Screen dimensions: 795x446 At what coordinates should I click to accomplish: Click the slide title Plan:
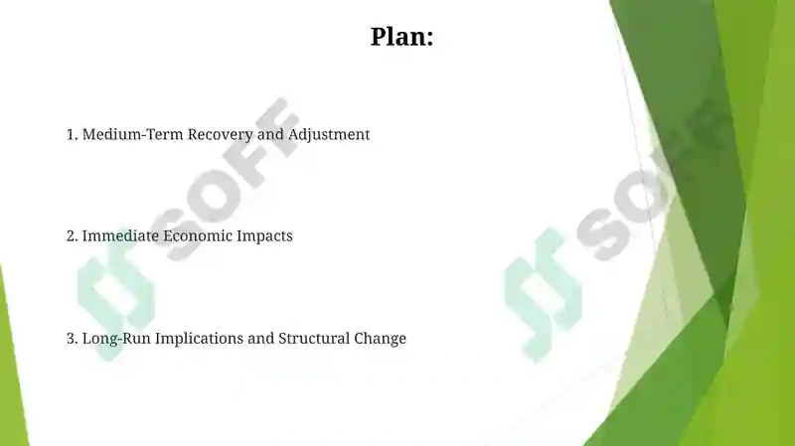pyautogui.click(x=401, y=37)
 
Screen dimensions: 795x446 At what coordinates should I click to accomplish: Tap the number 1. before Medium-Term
pyautogui.click(x=72, y=134)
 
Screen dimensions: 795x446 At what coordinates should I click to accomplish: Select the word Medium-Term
pyautogui.click(x=133, y=134)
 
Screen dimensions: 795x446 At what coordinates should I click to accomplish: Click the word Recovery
pyautogui.click(x=220, y=135)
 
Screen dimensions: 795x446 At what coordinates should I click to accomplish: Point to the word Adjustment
pyautogui.click(x=329, y=135)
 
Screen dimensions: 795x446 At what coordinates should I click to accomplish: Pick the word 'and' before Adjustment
pyautogui.click(x=270, y=134)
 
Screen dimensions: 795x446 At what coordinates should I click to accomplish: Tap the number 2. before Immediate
pyautogui.click(x=72, y=236)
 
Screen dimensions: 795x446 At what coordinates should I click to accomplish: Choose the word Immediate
pyautogui.click(x=120, y=235)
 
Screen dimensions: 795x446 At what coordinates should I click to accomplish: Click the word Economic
pyautogui.click(x=198, y=235)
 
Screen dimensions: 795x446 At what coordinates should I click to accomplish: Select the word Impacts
pyautogui.click(x=264, y=236)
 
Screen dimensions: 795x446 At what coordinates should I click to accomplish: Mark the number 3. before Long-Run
pyautogui.click(x=72, y=339)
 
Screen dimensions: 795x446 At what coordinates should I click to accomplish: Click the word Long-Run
pyautogui.click(x=116, y=339)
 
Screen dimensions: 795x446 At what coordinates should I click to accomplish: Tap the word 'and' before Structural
pyautogui.click(x=261, y=338)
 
